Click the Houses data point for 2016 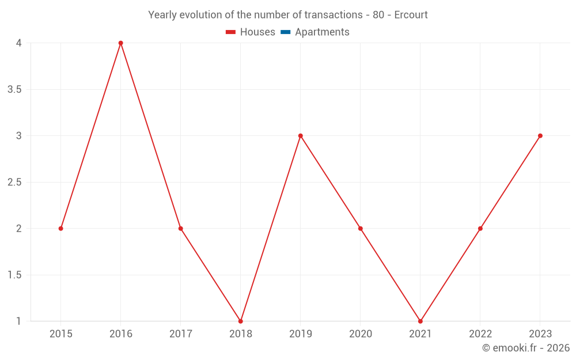(121, 43)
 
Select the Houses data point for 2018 (241, 321)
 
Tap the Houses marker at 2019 (301, 136)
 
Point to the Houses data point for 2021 (420, 321)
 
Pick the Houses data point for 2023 (540, 136)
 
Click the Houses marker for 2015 (61, 229)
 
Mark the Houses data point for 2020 (361, 229)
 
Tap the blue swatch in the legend (285, 32)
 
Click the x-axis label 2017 (181, 334)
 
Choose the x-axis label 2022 (480, 334)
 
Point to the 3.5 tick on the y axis (15, 90)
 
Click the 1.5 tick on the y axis (15, 275)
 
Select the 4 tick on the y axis (19, 43)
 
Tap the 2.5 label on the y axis (15, 183)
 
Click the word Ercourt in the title (411, 15)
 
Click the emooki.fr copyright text (526, 348)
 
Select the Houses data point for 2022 (480, 229)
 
